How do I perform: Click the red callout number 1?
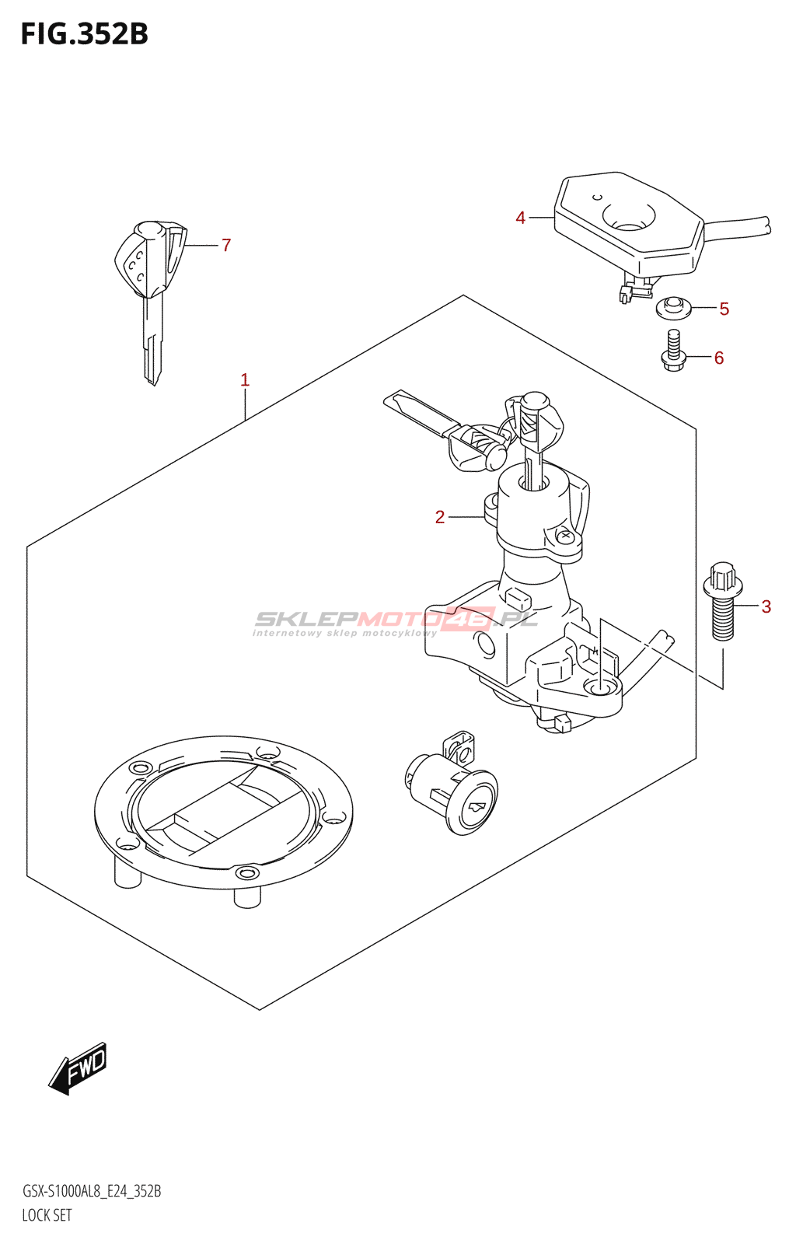[x=245, y=380]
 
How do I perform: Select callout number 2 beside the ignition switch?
[x=440, y=517]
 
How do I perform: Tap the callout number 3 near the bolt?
[x=766, y=606]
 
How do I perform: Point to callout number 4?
[x=521, y=218]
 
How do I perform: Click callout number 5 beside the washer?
[x=724, y=309]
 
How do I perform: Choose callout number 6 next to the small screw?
[x=719, y=358]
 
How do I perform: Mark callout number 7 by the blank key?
[x=226, y=246]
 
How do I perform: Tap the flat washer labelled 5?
[x=673, y=308]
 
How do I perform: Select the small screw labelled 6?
[x=673, y=351]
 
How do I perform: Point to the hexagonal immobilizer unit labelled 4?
[x=630, y=222]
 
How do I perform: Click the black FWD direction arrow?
[x=78, y=1068]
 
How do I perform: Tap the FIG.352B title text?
[x=84, y=34]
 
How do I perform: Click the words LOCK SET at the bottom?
[x=47, y=1215]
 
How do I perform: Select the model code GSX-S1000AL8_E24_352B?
[x=92, y=1191]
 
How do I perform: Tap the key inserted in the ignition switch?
[x=536, y=428]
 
